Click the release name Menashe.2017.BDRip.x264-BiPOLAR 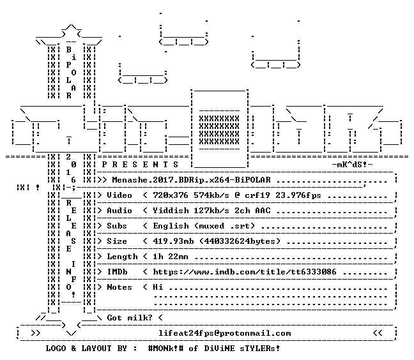point(192,180)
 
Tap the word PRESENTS point(140,165)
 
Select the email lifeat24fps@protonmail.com point(225,333)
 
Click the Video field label point(119,195)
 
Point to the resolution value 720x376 point(171,195)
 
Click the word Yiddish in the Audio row point(171,211)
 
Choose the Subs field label point(117,226)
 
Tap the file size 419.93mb point(173,241)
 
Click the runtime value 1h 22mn point(171,257)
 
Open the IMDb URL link point(245,272)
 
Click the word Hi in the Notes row point(158,287)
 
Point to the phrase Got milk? point(129,317)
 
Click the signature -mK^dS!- point(352,165)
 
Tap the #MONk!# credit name point(166,349)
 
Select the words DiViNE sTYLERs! point(242,349)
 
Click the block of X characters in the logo point(219,130)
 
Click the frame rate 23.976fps point(298,195)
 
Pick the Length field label point(122,257)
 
